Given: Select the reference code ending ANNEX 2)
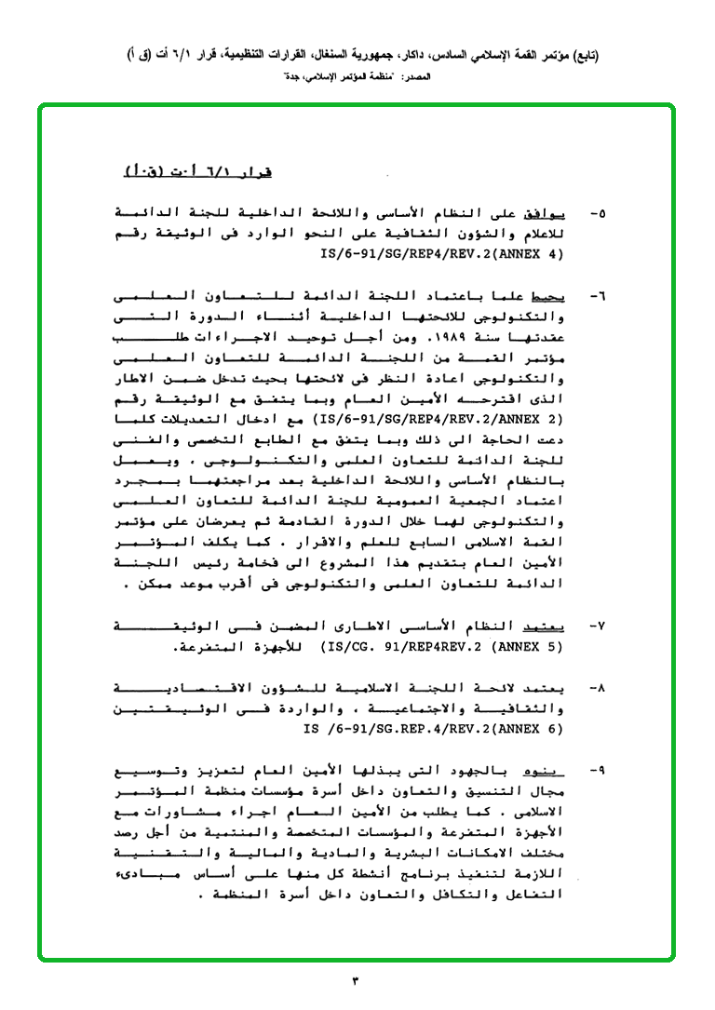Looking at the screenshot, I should coord(438,419).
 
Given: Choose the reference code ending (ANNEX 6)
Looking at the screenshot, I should coord(434,729).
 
